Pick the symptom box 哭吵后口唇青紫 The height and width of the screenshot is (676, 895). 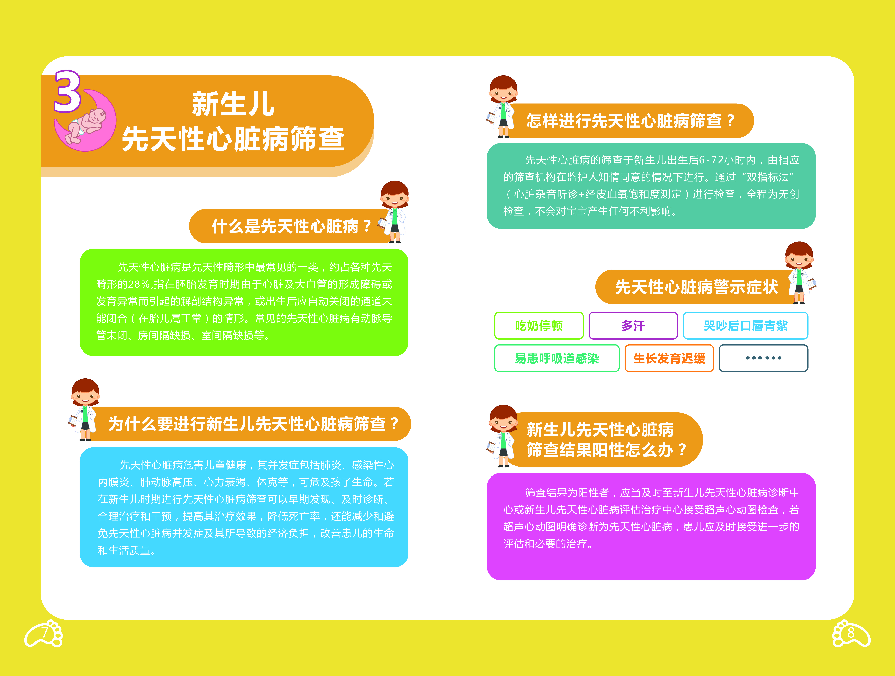(745, 326)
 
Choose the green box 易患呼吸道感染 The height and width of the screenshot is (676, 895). (557, 358)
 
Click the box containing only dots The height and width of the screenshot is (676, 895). (764, 358)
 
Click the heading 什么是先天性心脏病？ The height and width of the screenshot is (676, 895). (291, 226)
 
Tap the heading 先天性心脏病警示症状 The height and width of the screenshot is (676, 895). (696, 287)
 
